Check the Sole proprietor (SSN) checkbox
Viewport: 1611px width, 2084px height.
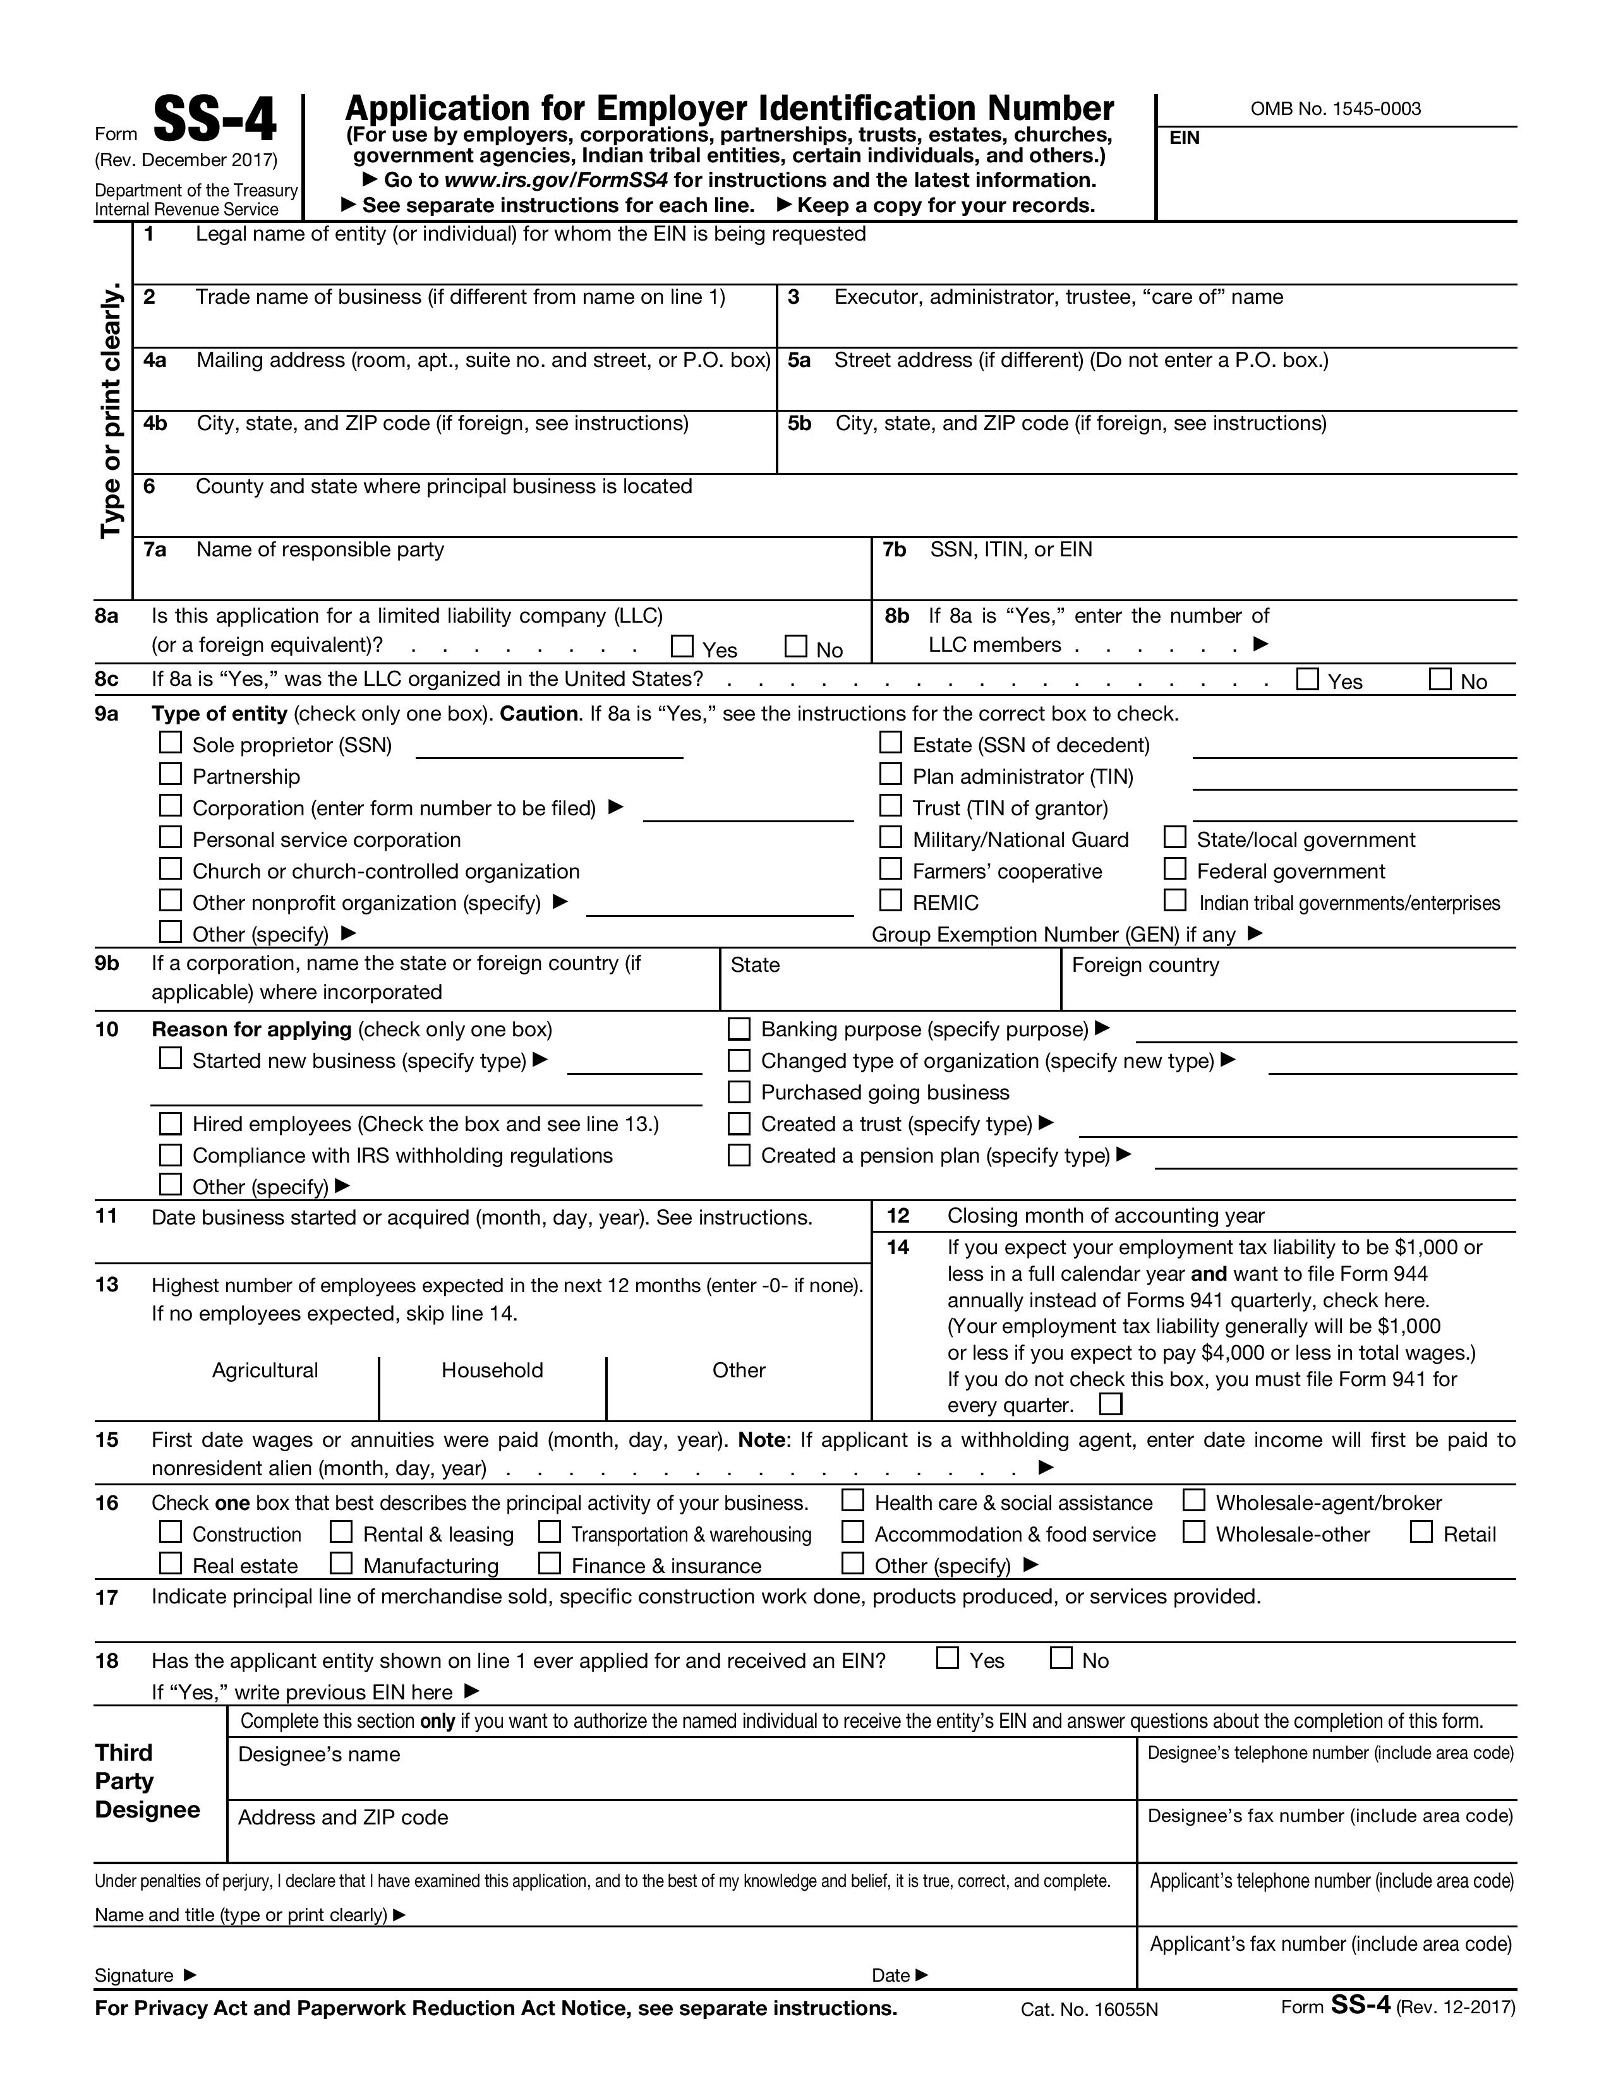pyautogui.click(x=170, y=743)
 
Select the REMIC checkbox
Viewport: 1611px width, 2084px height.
pyautogui.click(x=890, y=900)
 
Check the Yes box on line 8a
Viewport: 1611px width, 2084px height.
pyautogui.click(x=682, y=647)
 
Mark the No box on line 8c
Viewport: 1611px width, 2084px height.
pyautogui.click(x=1439, y=680)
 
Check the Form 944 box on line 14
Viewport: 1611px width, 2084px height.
pyautogui.click(x=1111, y=1404)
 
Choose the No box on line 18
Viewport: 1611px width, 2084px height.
pyautogui.click(x=1060, y=1658)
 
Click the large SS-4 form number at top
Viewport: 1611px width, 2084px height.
pyautogui.click(x=215, y=121)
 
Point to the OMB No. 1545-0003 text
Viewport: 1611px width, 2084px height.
pyautogui.click(x=1335, y=109)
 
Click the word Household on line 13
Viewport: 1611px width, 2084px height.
pyautogui.click(x=492, y=1370)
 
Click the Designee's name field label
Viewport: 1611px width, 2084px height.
pyautogui.click(x=319, y=1754)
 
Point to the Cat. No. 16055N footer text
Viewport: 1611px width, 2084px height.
pyautogui.click(x=1089, y=2009)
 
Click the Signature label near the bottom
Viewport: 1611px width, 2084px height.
pyautogui.click(x=135, y=1975)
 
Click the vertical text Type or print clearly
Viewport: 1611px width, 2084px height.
pyautogui.click(x=112, y=410)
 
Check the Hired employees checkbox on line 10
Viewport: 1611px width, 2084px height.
pyautogui.click(x=170, y=1123)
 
